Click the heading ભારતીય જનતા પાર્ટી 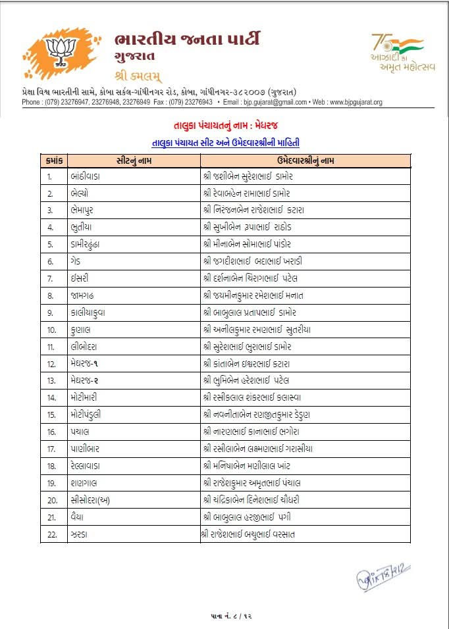point(186,39)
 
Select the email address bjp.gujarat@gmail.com point(265,103)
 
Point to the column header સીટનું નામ point(133,160)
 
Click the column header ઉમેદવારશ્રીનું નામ point(305,160)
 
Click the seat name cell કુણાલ point(80,330)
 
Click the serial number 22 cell point(53,534)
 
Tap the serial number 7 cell point(50,278)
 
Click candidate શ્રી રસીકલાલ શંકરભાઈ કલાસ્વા point(253,397)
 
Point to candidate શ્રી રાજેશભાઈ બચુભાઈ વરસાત point(250,534)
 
